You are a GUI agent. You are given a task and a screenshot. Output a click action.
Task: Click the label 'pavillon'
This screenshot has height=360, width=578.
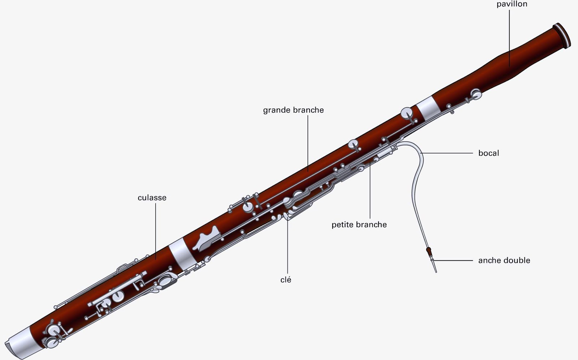512,4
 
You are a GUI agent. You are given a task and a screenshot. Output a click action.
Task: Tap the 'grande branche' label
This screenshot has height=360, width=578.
293,110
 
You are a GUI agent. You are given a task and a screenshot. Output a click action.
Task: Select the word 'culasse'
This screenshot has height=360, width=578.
152,198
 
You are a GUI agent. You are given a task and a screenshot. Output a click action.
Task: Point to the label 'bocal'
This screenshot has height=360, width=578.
489,153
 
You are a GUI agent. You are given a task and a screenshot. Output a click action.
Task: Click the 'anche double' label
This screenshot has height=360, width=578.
504,260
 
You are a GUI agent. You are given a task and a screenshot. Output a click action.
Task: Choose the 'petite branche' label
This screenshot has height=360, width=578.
359,225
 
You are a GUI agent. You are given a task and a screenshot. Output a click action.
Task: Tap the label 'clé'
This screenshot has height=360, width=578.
286,280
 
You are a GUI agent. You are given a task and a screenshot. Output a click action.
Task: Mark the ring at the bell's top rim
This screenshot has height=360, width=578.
562,36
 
